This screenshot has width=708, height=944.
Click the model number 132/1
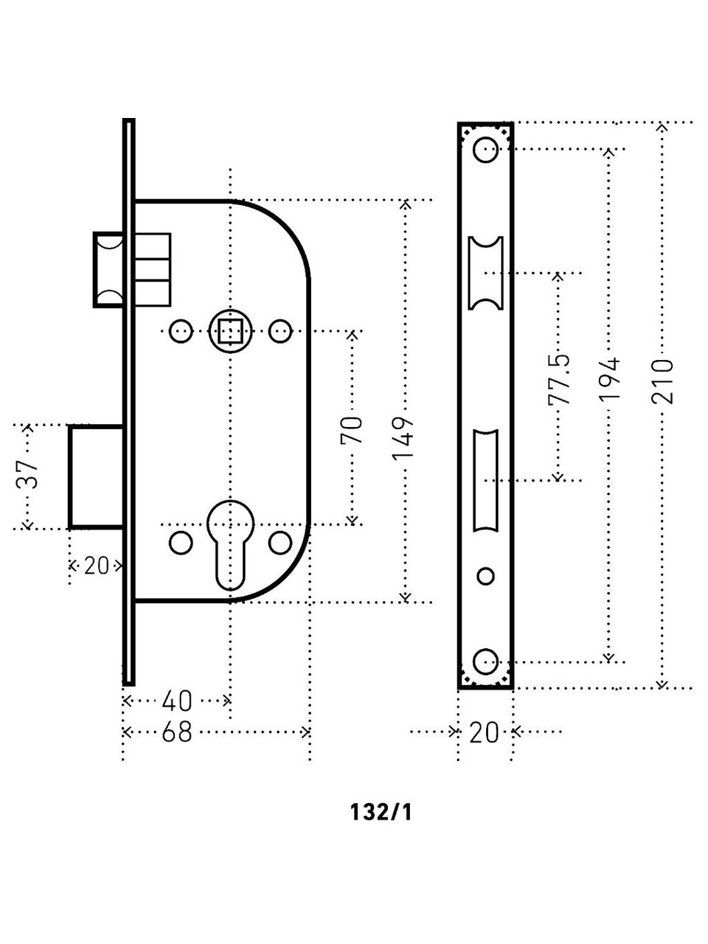[x=382, y=813]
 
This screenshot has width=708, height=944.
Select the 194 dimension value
[x=610, y=379]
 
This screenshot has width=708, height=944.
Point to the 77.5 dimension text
[x=558, y=379]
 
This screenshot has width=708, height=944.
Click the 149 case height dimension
[x=405, y=438]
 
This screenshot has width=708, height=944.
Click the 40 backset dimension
[x=176, y=700]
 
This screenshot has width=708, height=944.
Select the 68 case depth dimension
[x=176, y=732]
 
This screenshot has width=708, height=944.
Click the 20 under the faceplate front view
[x=484, y=732]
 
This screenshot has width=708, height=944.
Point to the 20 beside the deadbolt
[x=97, y=566]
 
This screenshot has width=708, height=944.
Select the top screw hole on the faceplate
[x=485, y=150]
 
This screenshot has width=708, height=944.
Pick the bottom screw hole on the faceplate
[x=485, y=661]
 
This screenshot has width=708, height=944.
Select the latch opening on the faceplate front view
[x=485, y=273]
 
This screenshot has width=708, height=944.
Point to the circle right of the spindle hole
[x=280, y=331]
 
